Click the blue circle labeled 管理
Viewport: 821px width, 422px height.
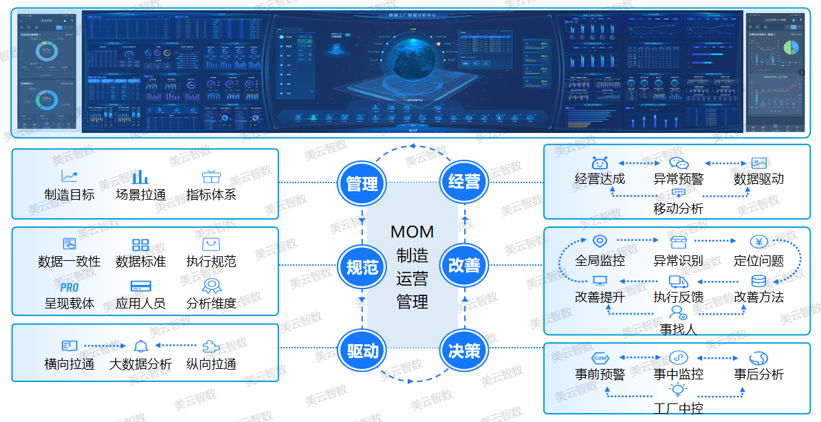[x=362, y=184]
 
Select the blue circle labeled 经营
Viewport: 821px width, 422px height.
[x=464, y=182]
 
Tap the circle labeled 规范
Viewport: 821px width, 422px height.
[x=362, y=267]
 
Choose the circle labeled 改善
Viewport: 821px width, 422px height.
[x=464, y=266]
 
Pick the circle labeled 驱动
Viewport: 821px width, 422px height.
[x=362, y=351]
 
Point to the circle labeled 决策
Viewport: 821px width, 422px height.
[x=464, y=351]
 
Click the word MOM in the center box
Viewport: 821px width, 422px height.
[x=413, y=232]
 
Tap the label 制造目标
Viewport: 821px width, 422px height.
[x=69, y=195]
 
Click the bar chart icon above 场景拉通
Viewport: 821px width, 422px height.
[x=140, y=177]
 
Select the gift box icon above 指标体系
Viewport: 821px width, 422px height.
[x=210, y=177]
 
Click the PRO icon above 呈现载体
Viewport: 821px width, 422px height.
[x=69, y=287]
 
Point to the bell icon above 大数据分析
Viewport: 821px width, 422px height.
[x=141, y=346]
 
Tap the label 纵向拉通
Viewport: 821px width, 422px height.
[x=211, y=364]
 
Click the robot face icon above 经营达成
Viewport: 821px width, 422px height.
[x=600, y=163]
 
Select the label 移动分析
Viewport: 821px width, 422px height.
[x=678, y=208]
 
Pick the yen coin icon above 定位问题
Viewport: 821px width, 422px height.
[x=758, y=242]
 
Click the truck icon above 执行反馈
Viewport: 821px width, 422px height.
[x=678, y=282]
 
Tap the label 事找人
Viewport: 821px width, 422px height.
[x=678, y=329]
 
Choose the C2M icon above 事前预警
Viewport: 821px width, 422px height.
[x=600, y=358]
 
